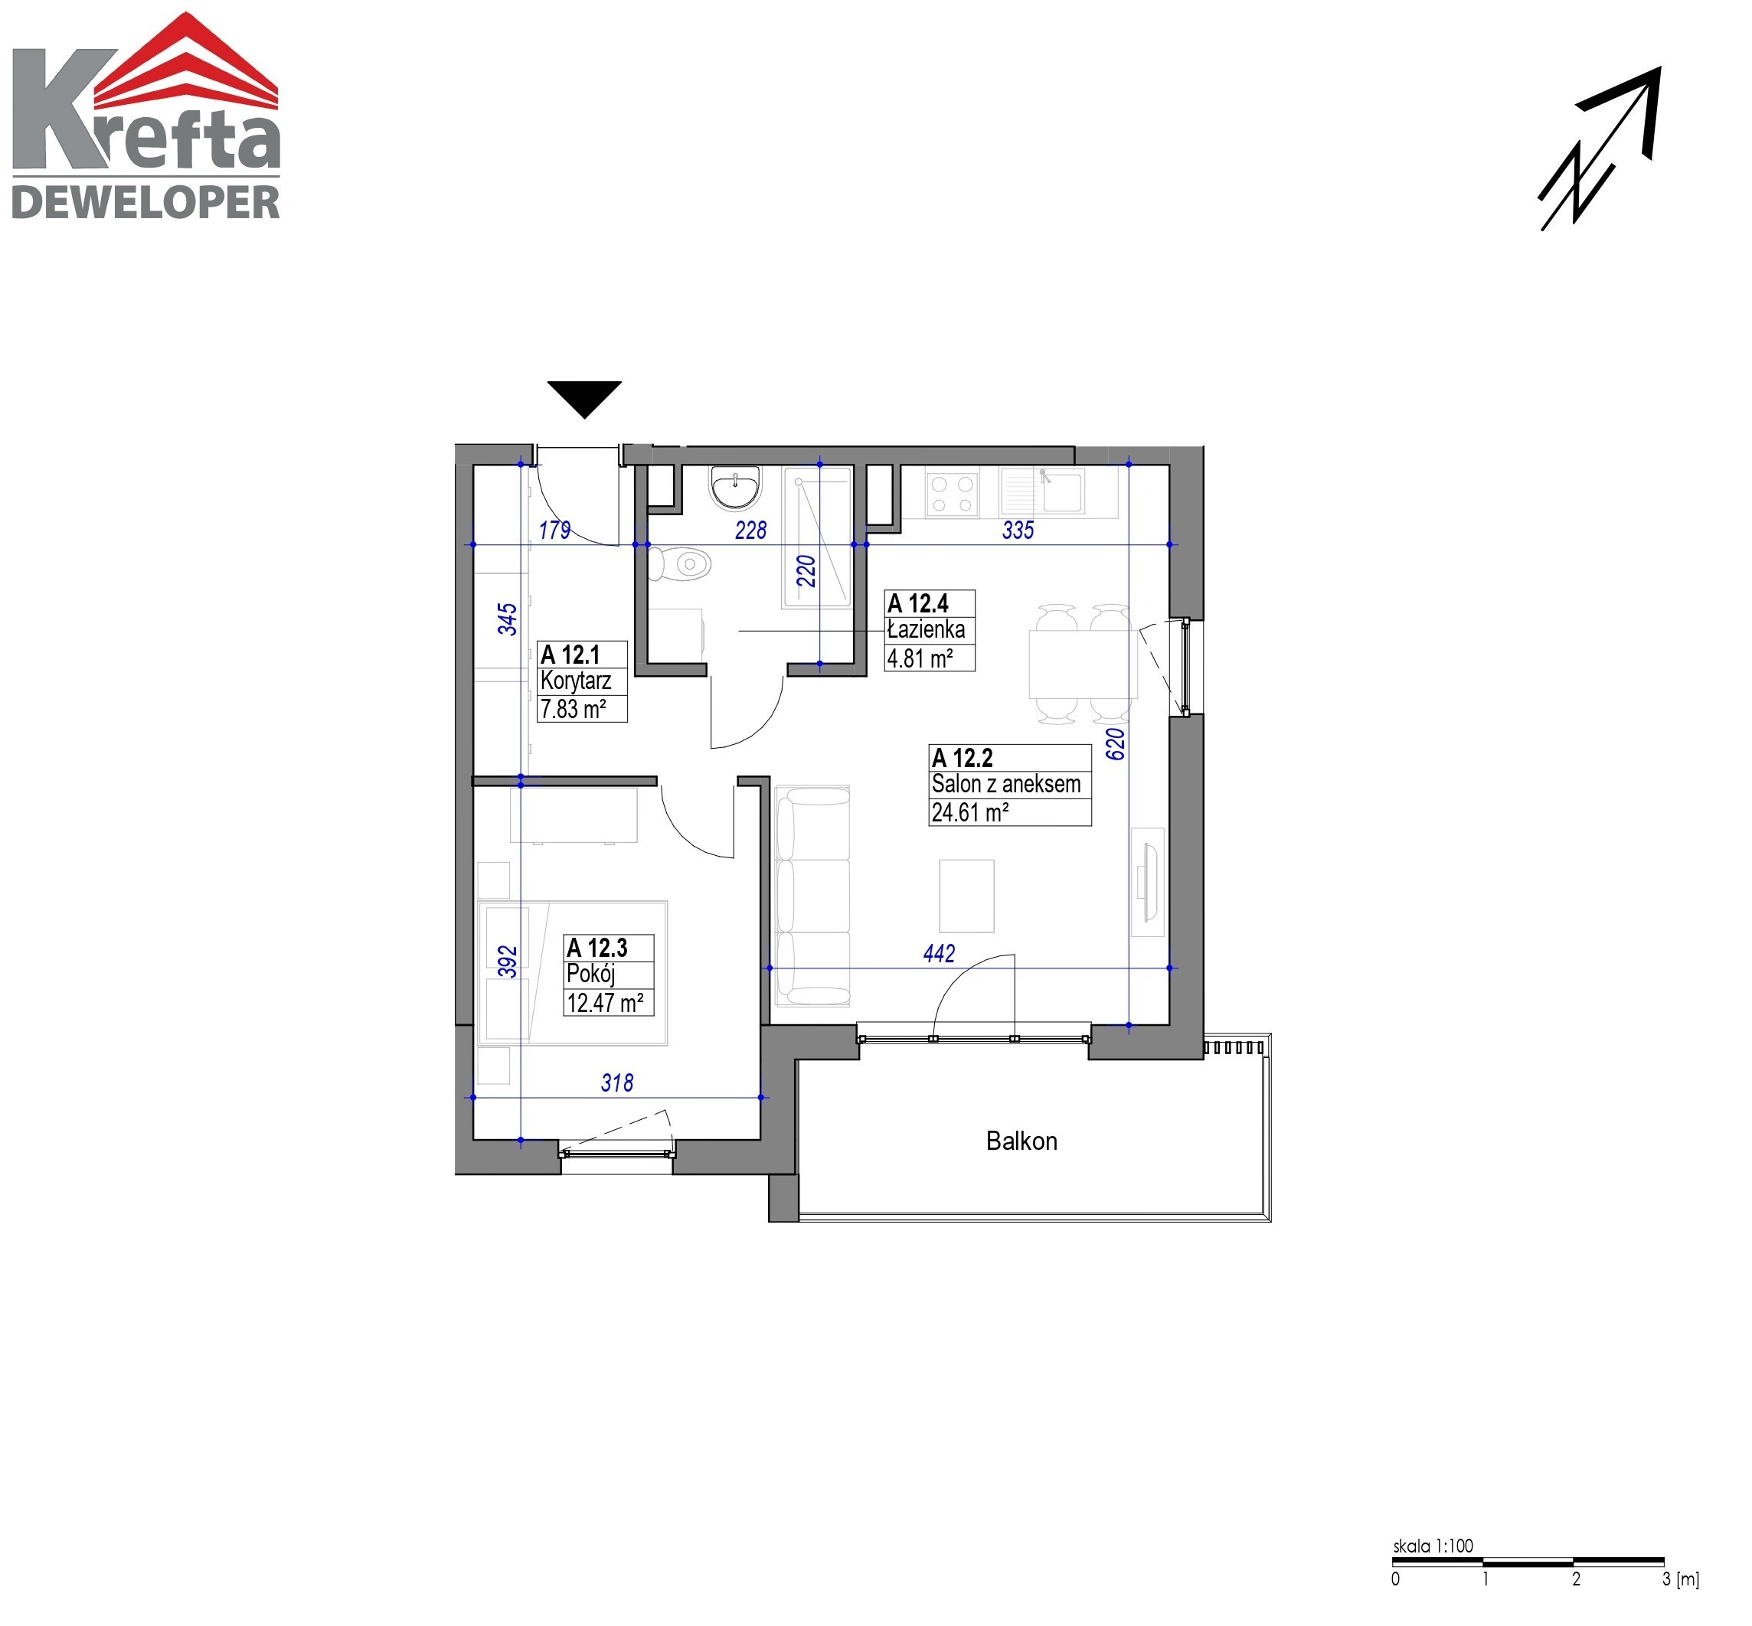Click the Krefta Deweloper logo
point(146,116)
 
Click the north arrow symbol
point(1600,149)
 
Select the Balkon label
point(1021,1141)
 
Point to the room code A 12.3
point(597,948)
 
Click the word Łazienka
point(926,629)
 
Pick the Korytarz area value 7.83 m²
point(573,708)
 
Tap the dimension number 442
point(939,953)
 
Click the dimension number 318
point(617,1082)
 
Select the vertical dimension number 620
point(1114,744)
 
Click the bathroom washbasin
point(736,488)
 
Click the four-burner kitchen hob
point(952,494)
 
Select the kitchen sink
point(1043,491)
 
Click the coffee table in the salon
point(966,896)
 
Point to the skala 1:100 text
point(1433,1544)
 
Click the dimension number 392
point(508,962)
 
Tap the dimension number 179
point(554,530)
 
